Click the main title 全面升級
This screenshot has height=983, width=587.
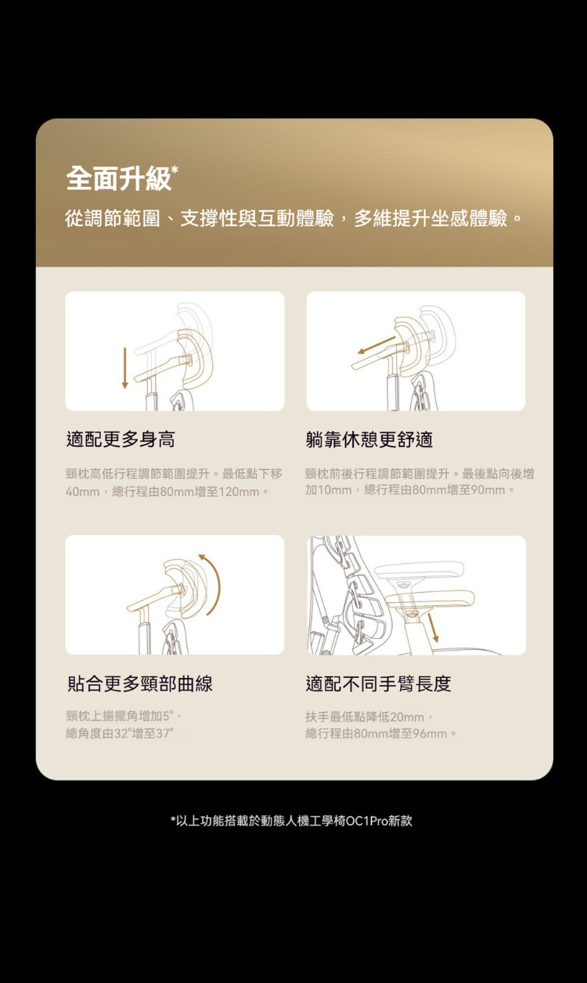(x=118, y=178)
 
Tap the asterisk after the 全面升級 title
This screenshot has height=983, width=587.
(x=175, y=170)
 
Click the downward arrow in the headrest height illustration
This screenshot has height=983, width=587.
(x=124, y=368)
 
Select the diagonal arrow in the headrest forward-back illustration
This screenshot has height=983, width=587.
(x=376, y=345)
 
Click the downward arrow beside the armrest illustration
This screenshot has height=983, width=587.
(x=433, y=628)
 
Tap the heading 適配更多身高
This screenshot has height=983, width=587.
(x=121, y=439)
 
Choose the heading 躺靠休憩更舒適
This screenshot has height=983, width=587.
(x=369, y=439)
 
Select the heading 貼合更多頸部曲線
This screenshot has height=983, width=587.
(x=139, y=683)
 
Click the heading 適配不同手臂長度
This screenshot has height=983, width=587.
(x=378, y=683)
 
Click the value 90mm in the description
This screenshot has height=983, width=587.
(x=488, y=490)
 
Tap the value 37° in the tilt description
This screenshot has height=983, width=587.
(x=165, y=734)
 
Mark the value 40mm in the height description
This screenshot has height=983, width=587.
(x=82, y=492)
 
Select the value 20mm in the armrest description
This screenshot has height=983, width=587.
(x=407, y=717)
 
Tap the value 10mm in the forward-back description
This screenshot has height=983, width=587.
(x=334, y=490)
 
